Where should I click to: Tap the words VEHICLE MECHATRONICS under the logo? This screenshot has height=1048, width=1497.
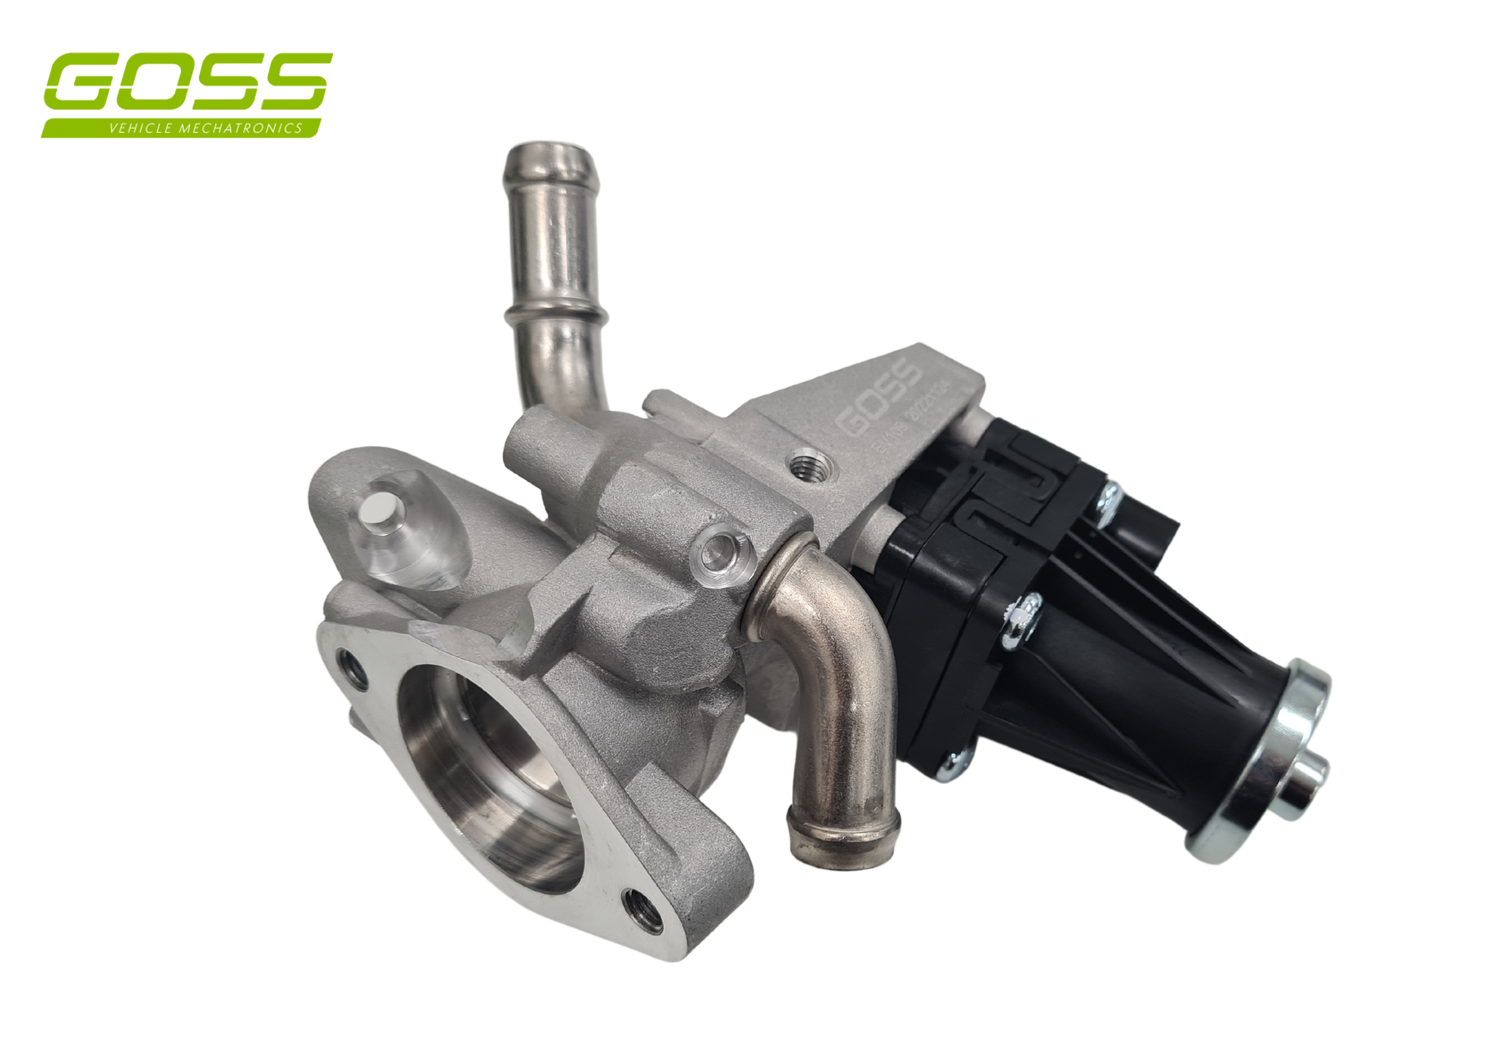pyautogui.click(x=205, y=128)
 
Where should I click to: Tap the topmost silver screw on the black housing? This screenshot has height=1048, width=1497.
pyautogui.click(x=1108, y=497)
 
